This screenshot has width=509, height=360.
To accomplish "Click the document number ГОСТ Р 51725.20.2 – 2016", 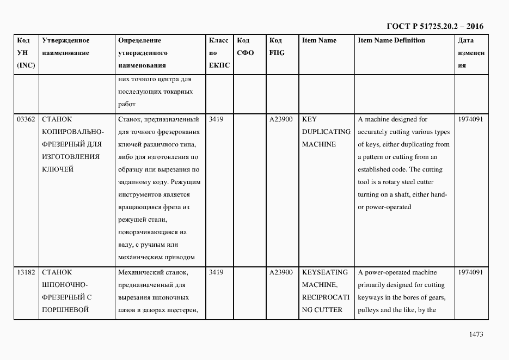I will pyautogui.click(x=434, y=26).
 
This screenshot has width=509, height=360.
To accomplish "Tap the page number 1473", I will pyautogui.click(x=476, y=334).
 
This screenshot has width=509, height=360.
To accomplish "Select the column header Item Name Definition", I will pyautogui.click(x=391, y=40).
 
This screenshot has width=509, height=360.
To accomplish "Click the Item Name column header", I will pyautogui.click(x=319, y=40).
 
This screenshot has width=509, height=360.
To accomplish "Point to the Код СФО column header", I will pyautogui.click(x=246, y=47).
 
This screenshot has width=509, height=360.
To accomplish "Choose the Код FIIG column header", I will pyautogui.click(x=277, y=47).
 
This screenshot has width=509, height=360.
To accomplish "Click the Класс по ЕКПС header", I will pyautogui.click(x=219, y=53).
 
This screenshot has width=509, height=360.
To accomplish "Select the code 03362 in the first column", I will pyautogui.click(x=26, y=119).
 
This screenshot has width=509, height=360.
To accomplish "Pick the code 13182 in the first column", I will pyautogui.click(x=26, y=272).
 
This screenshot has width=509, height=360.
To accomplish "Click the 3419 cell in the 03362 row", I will pyautogui.click(x=216, y=119).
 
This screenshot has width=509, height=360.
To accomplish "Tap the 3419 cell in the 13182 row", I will pyautogui.click(x=216, y=272).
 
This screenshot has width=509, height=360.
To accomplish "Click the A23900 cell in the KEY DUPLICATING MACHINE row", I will pyautogui.click(x=281, y=119).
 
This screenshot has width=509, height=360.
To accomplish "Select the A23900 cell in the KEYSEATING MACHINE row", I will pyautogui.click(x=281, y=272).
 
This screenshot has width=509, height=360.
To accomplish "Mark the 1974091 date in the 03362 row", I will pyautogui.click(x=470, y=119).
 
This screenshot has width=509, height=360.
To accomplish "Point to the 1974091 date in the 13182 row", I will pyautogui.click(x=470, y=272).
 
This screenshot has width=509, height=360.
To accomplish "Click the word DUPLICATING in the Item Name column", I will pyautogui.click(x=326, y=132).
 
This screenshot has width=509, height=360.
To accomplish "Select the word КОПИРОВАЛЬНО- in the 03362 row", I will pyautogui.click(x=68, y=132).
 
